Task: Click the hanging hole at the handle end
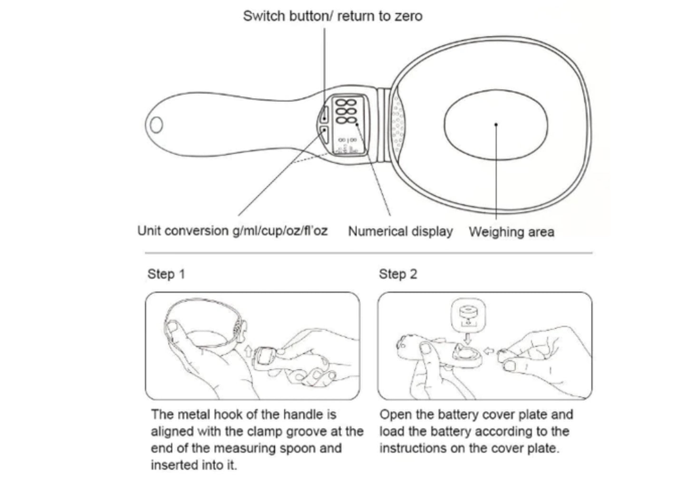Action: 156,125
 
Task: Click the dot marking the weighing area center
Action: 496,125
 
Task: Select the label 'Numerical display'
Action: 400,231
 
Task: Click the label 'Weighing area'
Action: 512,232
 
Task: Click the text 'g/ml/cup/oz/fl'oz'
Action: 280,231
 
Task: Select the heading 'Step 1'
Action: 166,274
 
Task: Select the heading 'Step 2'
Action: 397,274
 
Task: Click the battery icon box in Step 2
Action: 468,314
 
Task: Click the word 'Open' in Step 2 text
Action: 396,415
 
